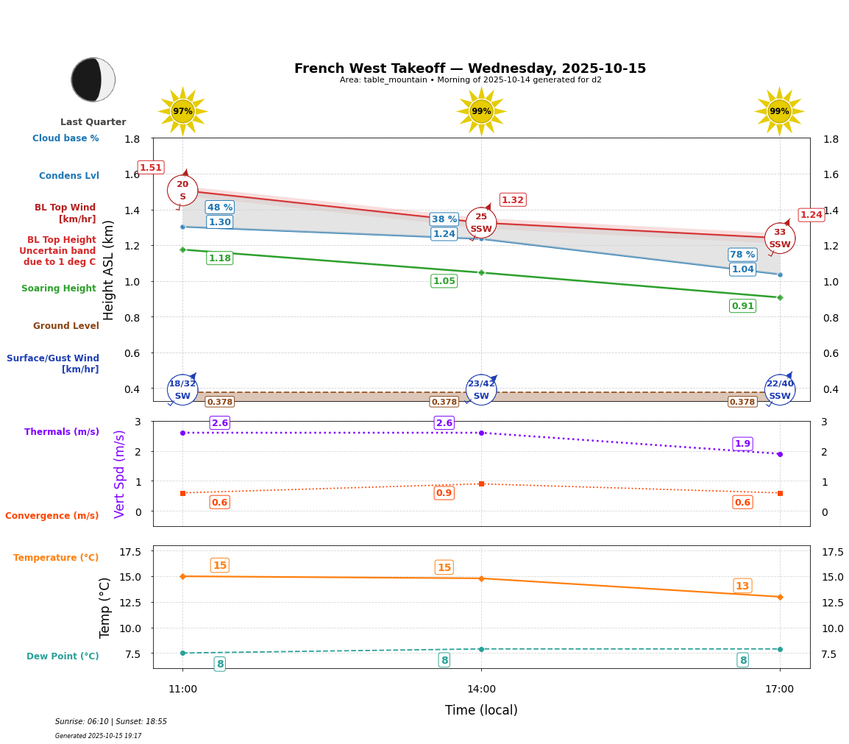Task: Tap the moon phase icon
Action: click(93, 79)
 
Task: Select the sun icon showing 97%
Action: click(182, 111)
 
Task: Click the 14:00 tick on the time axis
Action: click(481, 689)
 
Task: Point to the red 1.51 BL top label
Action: click(151, 168)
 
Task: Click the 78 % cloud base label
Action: click(742, 255)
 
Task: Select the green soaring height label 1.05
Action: click(444, 281)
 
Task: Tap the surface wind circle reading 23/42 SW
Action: click(481, 390)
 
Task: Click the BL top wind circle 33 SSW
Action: click(780, 238)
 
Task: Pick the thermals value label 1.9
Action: click(742, 444)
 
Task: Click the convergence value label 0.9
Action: click(444, 493)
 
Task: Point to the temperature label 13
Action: click(742, 586)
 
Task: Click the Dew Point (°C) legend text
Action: click(63, 656)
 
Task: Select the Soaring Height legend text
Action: click(59, 288)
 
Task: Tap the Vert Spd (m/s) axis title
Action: click(120, 474)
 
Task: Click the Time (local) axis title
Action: click(481, 710)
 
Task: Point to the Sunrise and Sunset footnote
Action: click(111, 722)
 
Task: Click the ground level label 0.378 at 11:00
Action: click(220, 402)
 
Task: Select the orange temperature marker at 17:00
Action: click(780, 597)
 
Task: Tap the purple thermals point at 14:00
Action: click(481, 433)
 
